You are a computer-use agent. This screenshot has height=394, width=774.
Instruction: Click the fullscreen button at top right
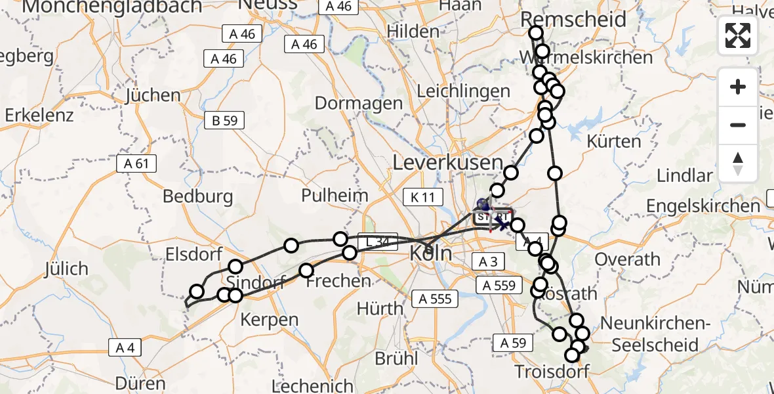738,35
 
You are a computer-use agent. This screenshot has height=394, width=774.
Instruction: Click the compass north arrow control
738,164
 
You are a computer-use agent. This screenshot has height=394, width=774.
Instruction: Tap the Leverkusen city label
447,162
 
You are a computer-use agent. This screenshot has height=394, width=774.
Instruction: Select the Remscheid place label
573,19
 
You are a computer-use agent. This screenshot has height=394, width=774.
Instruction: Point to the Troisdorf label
548,372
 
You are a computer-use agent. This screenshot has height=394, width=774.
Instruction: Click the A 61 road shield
136,164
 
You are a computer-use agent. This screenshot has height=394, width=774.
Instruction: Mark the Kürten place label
614,141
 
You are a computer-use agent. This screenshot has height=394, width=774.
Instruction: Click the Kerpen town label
270,320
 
